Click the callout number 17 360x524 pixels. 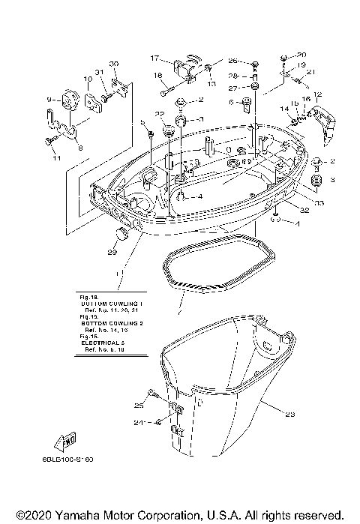coord(154,58)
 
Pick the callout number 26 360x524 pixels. coord(232,60)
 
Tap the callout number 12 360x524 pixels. coord(317,94)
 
